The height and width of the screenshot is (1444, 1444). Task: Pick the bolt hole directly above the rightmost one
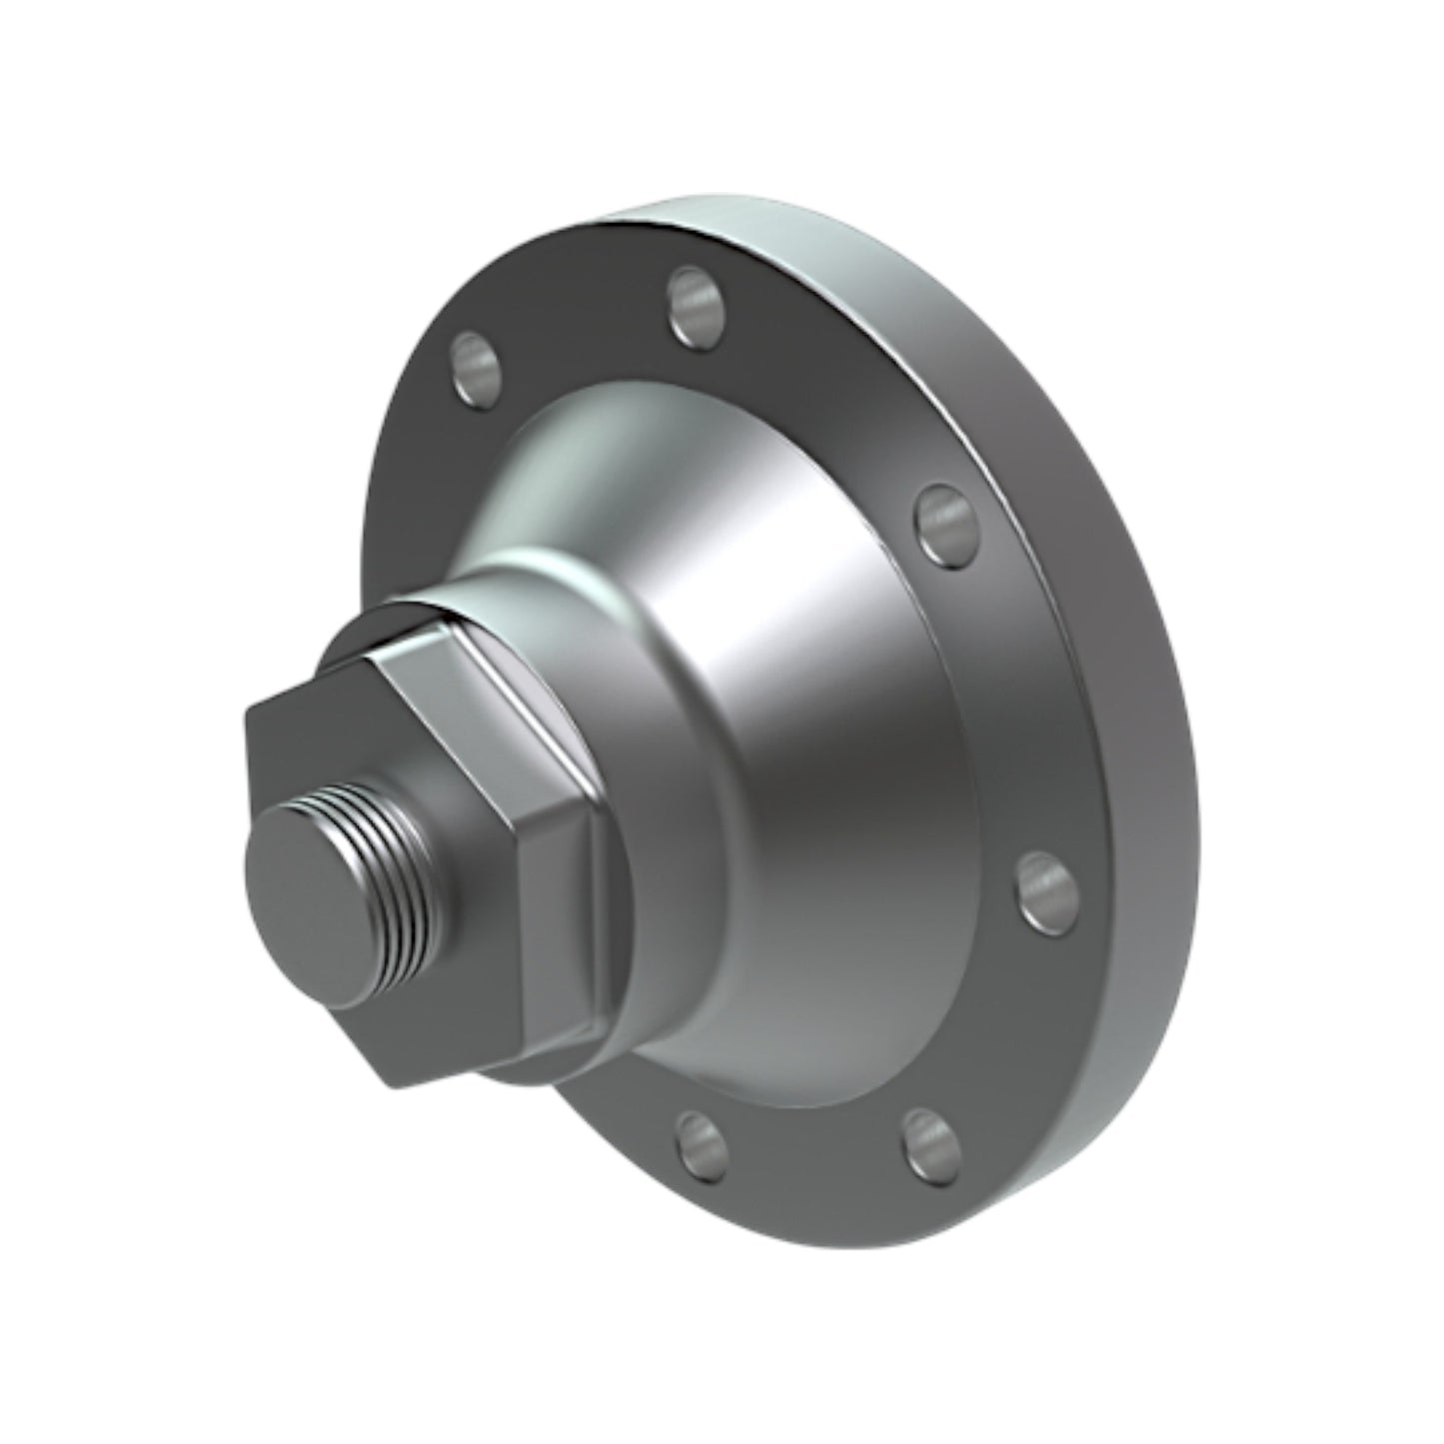pos(943,520)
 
